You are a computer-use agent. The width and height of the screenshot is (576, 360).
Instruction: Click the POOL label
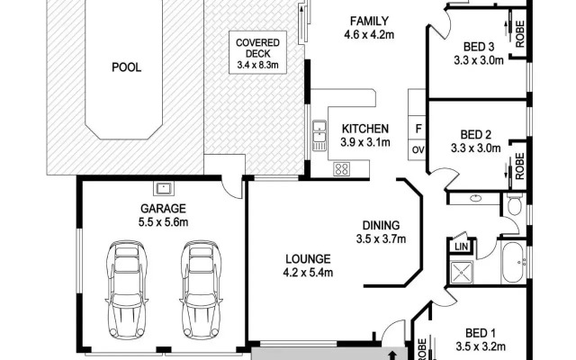pyautogui.click(x=126, y=67)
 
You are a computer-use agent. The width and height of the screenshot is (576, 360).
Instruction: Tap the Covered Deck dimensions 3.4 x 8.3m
pyautogui.click(x=257, y=66)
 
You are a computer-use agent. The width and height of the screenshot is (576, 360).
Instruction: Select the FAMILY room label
pyautogui.click(x=369, y=21)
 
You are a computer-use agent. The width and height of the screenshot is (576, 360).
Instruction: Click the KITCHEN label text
pyautogui.click(x=365, y=129)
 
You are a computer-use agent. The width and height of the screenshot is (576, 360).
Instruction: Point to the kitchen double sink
pyautogui.click(x=319, y=135)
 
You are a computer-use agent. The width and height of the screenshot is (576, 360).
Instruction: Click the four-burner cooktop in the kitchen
pyautogui.click(x=342, y=169)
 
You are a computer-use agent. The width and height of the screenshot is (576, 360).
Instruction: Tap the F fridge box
pyautogui.click(x=418, y=130)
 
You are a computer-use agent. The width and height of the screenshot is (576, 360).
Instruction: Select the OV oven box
pyautogui.click(x=418, y=150)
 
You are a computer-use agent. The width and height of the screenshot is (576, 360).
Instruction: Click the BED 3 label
pyautogui.click(x=479, y=47)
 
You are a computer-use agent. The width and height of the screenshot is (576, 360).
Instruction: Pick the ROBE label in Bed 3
pyautogui.click(x=520, y=34)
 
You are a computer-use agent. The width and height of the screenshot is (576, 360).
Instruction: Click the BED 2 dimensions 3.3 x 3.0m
pyautogui.click(x=476, y=148)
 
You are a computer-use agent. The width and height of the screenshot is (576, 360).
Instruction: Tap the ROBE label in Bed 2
pyautogui.click(x=520, y=166)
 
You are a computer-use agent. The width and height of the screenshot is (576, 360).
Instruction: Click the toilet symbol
pyautogui.click(x=514, y=205)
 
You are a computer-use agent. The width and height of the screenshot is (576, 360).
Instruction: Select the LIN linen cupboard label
pyautogui.click(x=461, y=247)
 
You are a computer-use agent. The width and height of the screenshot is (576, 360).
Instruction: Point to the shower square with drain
pyautogui.click(x=462, y=272)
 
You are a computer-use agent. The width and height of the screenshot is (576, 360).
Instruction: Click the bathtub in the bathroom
pyautogui.click(x=514, y=262)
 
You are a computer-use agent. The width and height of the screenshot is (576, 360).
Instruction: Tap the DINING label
pyautogui.click(x=381, y=225)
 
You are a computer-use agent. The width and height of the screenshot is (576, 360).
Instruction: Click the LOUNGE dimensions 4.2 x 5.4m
pyautogui.click(x=308, y=273)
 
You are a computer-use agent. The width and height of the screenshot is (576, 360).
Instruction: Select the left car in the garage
pyautogui.click(x=127, y=291)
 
